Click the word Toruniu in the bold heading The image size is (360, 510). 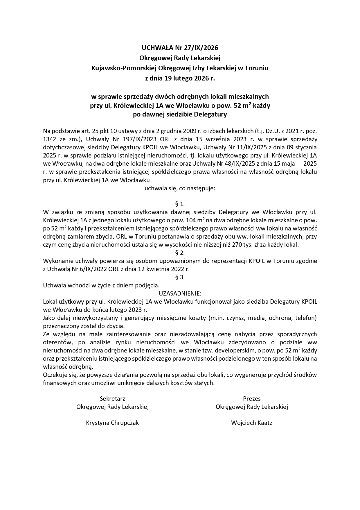click(256, 68)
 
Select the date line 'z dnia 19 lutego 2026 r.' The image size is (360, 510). click(180, 78)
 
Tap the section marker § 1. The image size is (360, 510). click(180, 204)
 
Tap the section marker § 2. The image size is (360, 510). click(180, 253)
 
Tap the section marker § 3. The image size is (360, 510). click(180, 277)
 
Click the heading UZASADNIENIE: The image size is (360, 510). click(180, 293)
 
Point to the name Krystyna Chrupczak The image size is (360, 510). click(112, 423)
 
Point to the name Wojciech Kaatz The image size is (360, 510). click(252, 423)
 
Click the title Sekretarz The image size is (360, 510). click(112, 398)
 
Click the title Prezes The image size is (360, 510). click(252, 398)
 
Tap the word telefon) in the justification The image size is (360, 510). click(306, 318)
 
